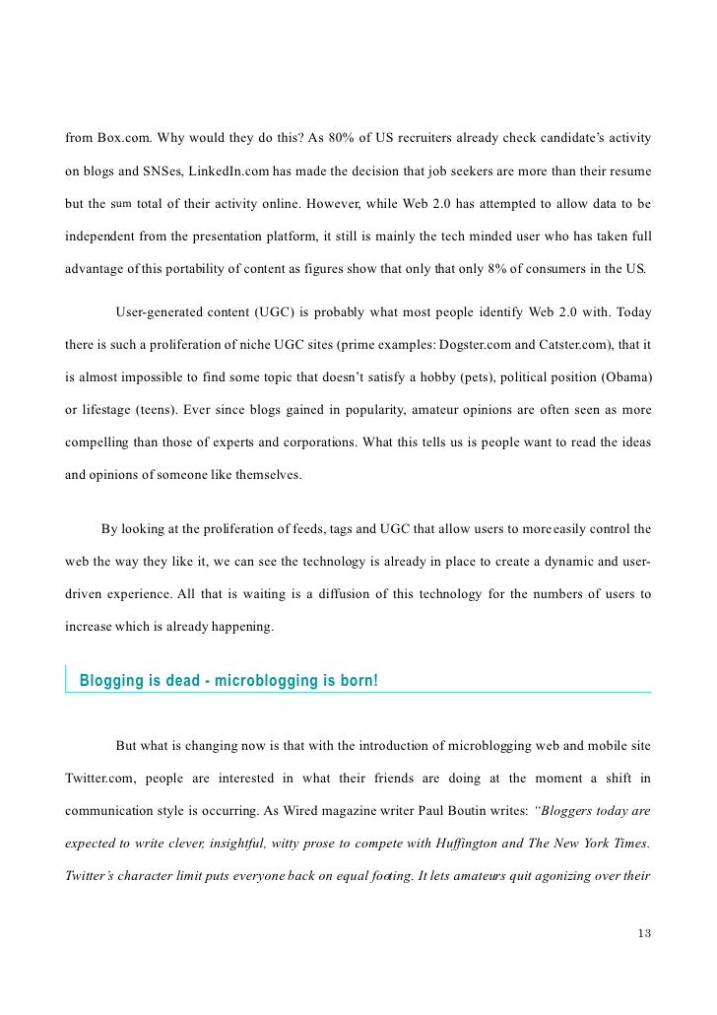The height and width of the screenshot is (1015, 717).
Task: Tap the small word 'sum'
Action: click(x=122, y=205)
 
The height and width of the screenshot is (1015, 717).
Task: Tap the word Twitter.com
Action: click(x=97, y=778)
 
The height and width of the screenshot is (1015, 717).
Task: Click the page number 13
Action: click(x=644, y=933)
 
